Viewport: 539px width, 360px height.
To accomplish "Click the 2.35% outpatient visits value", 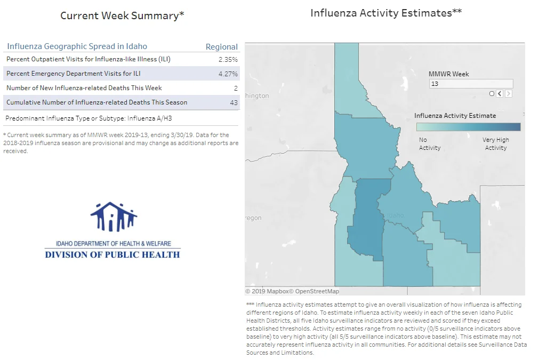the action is pos(228,60).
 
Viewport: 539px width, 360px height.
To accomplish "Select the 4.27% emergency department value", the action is pos(228,74).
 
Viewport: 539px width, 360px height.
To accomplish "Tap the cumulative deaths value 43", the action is pos(234,102).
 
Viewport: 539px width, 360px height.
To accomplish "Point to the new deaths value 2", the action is pos(236,89).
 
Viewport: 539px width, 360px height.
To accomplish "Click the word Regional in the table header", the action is pos(222,47).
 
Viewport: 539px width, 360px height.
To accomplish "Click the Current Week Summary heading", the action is pos(123,15).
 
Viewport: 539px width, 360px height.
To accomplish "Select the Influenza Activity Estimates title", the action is pos(386,13).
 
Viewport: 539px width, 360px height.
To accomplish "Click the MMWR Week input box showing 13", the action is pos(471,84).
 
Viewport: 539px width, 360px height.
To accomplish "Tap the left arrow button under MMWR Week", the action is pos(500,93).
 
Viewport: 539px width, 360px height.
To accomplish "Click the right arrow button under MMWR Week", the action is pos(509,93).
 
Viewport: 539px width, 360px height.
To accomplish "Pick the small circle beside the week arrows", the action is pos(492,93).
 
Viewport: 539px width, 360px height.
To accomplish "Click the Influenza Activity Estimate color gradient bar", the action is pos(469,127).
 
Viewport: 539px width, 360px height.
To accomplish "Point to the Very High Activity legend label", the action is pos(496,143).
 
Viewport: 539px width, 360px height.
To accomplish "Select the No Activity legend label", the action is pos(430,143).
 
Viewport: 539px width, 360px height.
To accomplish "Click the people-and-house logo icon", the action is pos(114,217).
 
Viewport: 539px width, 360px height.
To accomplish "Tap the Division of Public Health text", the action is pos(112,255).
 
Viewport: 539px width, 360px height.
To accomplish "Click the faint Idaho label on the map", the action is pos(396,215).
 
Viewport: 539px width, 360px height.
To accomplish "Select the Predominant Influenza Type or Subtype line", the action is pos(89,118).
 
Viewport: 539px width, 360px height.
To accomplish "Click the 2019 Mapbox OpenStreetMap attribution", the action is pos(292,291).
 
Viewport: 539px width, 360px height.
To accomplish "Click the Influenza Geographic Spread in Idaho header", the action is pos(77,46).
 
